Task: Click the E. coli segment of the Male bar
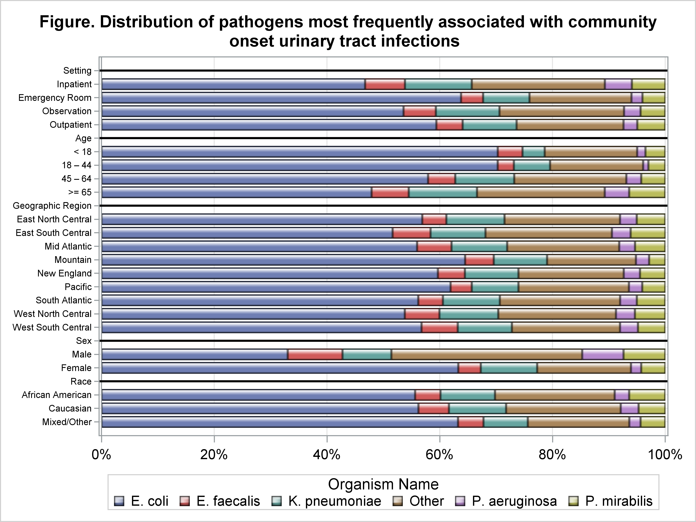click(194, 354)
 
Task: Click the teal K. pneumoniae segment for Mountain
click(520, 260)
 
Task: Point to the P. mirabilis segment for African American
click(647, 395)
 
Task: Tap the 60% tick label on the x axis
click(440, 455)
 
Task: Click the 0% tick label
click(101, 455)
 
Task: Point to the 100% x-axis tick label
click(664, 455)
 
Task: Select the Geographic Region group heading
click(52, 206)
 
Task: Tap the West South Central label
click(52, 328)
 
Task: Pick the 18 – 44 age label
click(77, 165)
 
